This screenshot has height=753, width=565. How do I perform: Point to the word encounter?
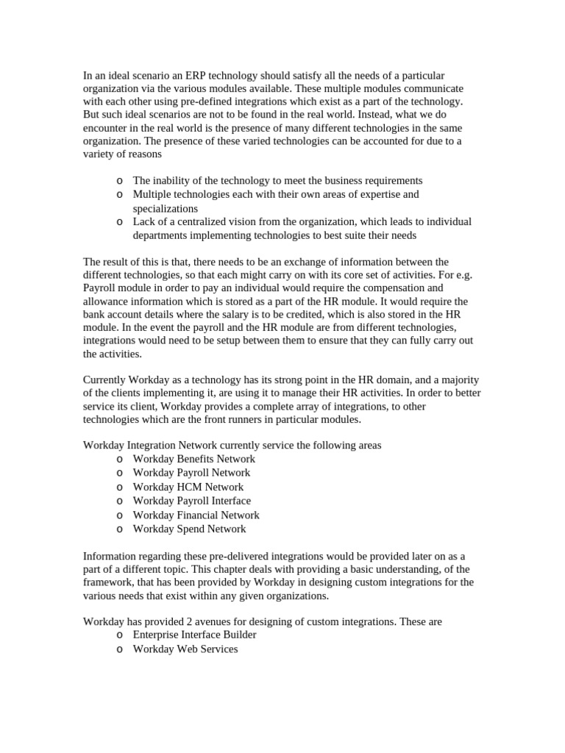[107, 129]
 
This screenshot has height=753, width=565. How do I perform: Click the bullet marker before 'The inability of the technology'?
[120, 180]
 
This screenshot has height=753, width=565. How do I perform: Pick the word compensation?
[374, 288]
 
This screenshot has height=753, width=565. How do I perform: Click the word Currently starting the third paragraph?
[107, 379]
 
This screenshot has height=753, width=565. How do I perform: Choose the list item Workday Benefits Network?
[193, 459]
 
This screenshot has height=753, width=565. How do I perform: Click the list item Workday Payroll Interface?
[191, 501]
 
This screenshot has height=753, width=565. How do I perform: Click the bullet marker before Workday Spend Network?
[120, 529]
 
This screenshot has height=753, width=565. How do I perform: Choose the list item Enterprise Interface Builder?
[194, 635]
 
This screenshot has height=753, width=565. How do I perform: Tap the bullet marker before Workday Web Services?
[120, 649]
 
